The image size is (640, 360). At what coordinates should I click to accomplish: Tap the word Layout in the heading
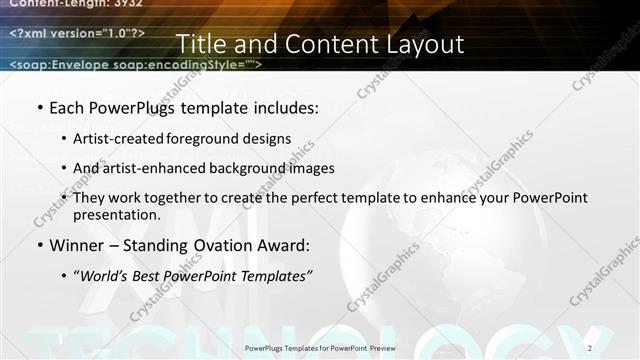[425, 45]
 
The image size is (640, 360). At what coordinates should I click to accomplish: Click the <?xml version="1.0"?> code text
[77, 34]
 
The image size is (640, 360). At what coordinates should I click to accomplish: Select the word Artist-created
[111, 139]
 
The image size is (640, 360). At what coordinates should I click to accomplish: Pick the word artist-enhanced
[146, 168]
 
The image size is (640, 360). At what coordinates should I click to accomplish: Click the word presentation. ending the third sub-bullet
[116, 214]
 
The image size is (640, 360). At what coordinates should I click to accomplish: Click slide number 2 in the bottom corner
[590, 347]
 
